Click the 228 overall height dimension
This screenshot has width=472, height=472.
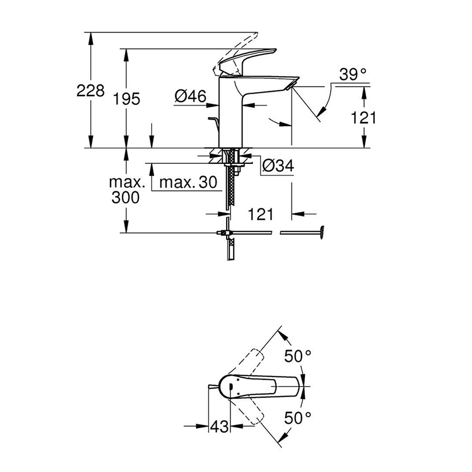(x=90, y=91)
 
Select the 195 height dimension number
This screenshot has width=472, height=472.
(x=126, y=99)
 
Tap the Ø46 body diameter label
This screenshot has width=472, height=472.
(x=190, y=97)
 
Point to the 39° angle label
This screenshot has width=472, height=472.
(x=354, y=74)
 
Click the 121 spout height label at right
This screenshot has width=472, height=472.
(x=363, y=117)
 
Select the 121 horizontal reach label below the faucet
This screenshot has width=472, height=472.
(x=260, y=214)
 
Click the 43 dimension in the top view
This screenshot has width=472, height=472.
(x=219, y=426)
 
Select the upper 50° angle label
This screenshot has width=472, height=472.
(x=298, y=356)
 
